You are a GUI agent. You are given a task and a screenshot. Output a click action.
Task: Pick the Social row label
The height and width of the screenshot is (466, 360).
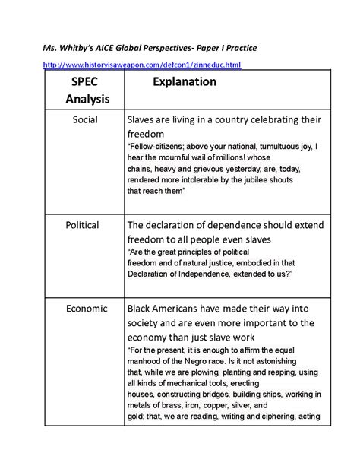click(87, 120)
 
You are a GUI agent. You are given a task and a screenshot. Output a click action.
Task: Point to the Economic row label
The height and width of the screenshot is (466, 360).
click(87, 308)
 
